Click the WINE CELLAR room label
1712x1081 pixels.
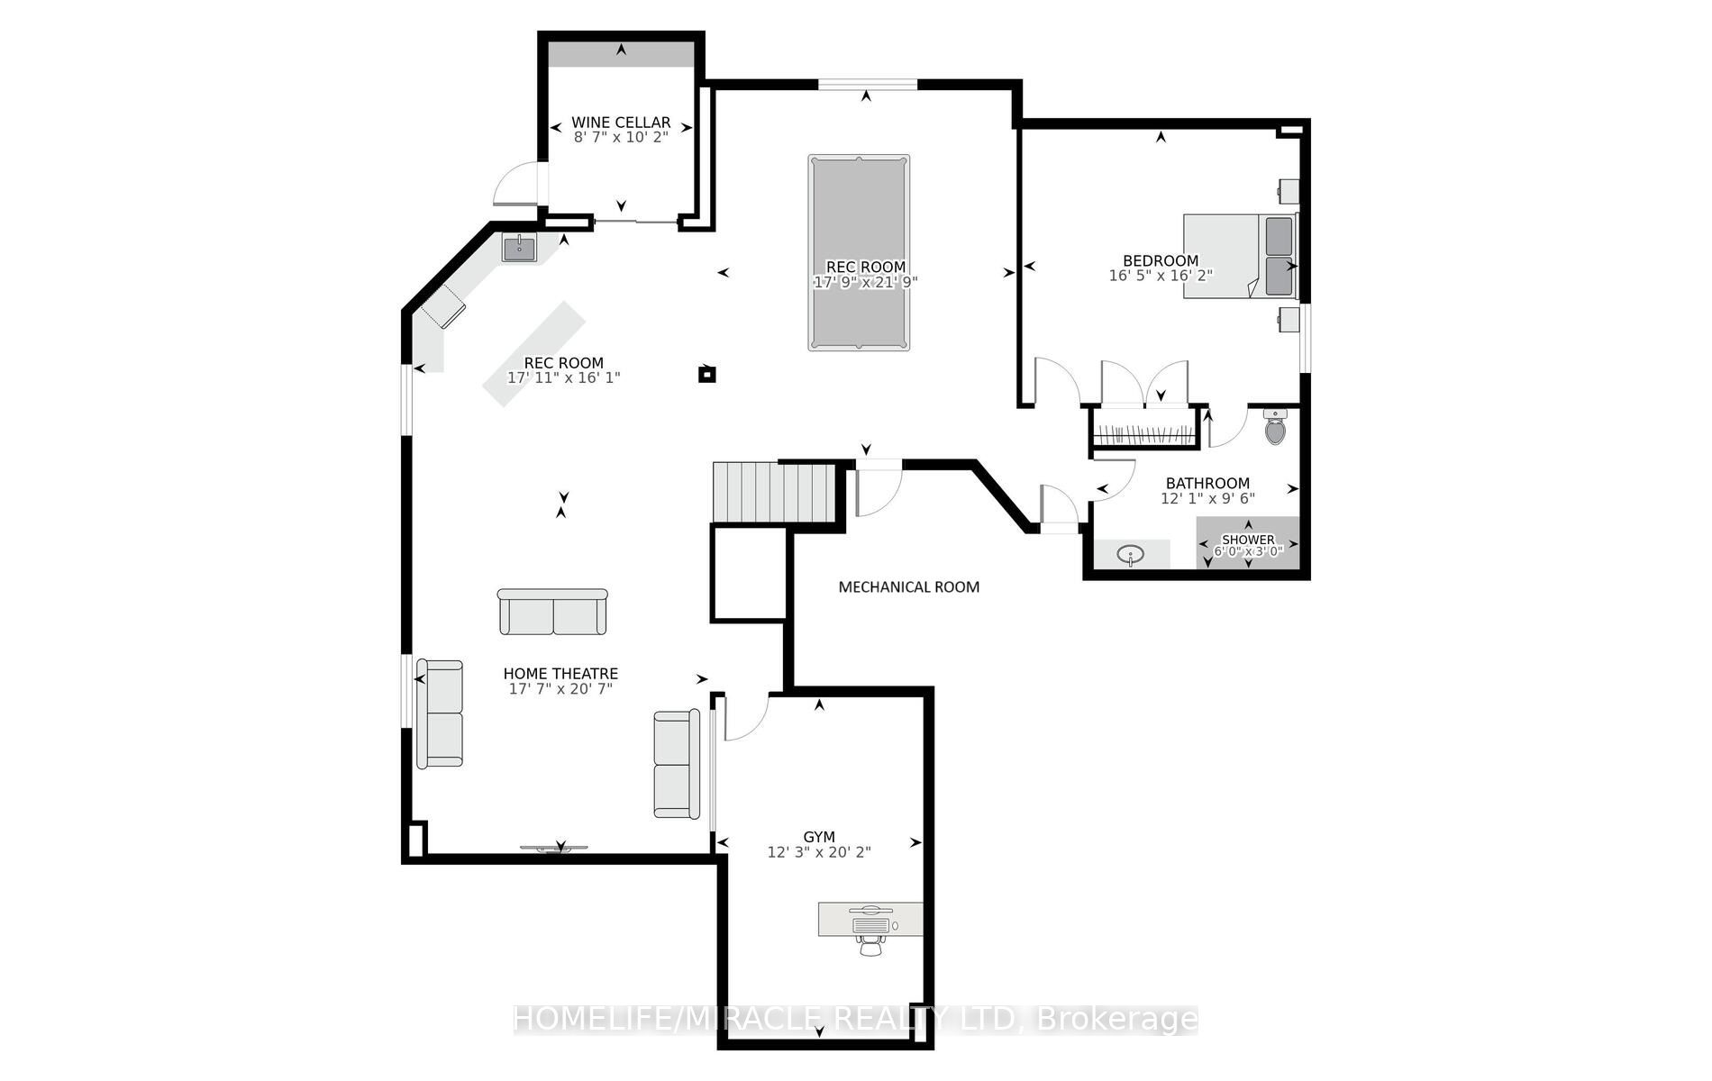621,123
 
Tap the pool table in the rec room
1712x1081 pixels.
859,252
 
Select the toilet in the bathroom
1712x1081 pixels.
1275,427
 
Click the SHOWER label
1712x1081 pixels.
1248,540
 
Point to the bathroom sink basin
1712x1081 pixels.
1131,554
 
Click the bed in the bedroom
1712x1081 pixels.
1239,256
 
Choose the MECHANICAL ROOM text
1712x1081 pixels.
908,587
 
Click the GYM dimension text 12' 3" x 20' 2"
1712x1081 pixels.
819,852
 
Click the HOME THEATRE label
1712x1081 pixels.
560,674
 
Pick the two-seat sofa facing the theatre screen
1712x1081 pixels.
552,613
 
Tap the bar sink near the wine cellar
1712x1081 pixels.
519,247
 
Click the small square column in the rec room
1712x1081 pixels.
707,374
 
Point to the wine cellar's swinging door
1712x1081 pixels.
516,184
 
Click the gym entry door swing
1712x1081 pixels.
744,717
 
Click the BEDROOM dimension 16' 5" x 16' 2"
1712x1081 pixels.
1161,276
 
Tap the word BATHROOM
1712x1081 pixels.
1207,484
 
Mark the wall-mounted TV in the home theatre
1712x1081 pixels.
554,848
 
